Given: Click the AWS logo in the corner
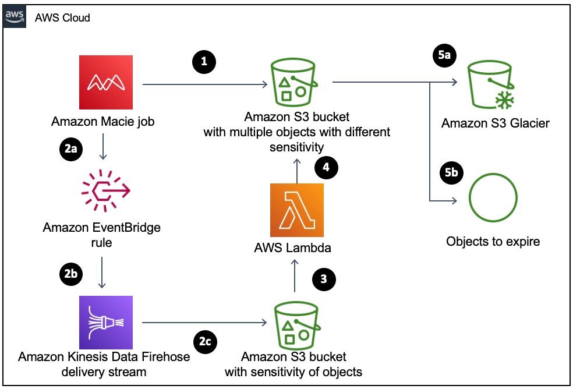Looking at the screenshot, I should click(14, 17).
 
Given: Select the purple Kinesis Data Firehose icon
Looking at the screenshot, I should click(105, 323).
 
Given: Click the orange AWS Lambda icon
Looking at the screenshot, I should click(296, 210).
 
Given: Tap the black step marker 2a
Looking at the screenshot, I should click(71, 150).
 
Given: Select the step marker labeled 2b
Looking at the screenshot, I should click(71, 274).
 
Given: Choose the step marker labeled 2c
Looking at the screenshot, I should click(205, 342).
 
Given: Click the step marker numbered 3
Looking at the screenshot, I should click(324, 279).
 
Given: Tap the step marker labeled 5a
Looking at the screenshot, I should click(444, 55).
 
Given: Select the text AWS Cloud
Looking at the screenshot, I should click(62, 18).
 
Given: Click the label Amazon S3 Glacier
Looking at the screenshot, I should click(495, 123).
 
